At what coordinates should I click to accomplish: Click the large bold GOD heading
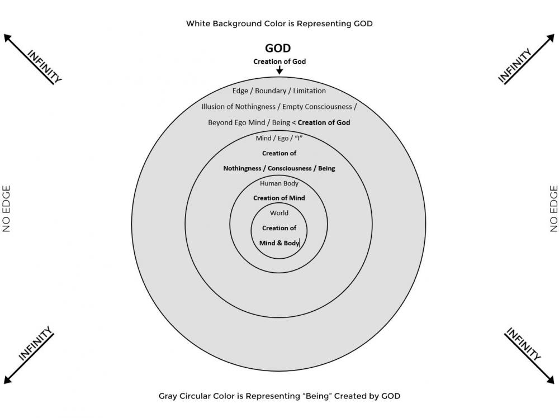tap(278, 48)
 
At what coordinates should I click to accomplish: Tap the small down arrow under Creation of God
tap(279, 70)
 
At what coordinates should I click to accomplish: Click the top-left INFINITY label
tap(45, 66)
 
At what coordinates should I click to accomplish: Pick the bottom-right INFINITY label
tap(523, 344)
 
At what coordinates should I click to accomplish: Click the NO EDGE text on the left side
tap(6, 208)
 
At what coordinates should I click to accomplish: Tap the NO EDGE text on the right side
tap(553, 208)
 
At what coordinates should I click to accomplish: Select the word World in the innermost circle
tap(279, 213)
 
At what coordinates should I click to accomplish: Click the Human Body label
tap(279, 183)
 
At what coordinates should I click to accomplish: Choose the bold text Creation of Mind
tap(279, 198)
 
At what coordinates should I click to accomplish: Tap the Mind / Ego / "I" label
tap(279, 138)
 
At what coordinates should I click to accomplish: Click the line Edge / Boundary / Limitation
tap(279, 91)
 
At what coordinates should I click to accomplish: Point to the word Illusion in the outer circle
tap(213, 107)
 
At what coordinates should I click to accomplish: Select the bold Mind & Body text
tap(279, 243)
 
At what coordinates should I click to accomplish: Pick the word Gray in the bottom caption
tap(168, 396)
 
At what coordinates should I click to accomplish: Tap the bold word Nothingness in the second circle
tap(242, 169)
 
